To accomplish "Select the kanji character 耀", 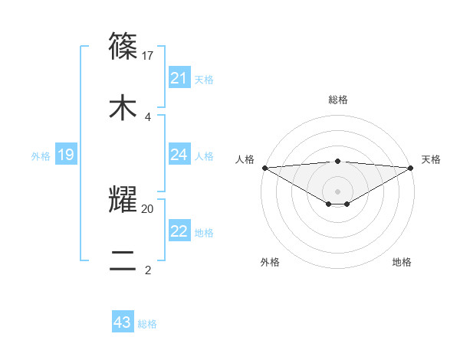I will click(123, 198).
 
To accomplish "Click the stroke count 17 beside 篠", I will click(149, 56).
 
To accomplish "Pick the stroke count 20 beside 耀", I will click(148, 208).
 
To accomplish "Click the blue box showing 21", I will click(179, 78).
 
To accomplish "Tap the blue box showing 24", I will click(179, 155).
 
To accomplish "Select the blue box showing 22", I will click(179, 231).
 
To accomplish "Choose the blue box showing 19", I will click(66, 155).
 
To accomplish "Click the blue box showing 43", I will click(123, 322).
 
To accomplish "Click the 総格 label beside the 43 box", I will click(147, 324).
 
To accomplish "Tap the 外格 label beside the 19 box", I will click(41, 156).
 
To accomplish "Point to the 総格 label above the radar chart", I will click(338, 100).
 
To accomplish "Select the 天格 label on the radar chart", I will click(431, 159).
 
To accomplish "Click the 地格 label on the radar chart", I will click(402, 262).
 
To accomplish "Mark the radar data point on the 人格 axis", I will click(264, 167).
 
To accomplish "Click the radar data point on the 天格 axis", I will click(411, 167).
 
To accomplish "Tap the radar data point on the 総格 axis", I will click(338, 161).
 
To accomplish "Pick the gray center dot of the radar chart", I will click(338, 191).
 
